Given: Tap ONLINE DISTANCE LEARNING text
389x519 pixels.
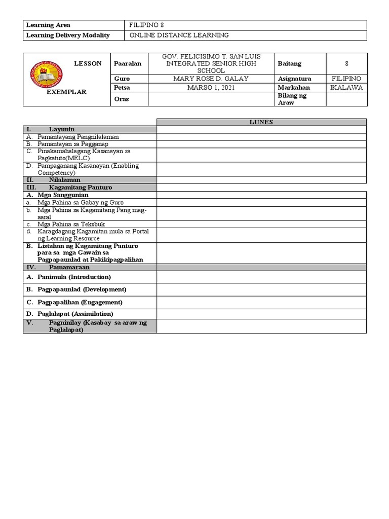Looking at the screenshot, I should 179,35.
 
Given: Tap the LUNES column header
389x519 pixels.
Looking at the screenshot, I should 261,122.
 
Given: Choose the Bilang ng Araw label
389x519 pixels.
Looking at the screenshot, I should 293,99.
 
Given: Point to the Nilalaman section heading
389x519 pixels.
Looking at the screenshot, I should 64,180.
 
